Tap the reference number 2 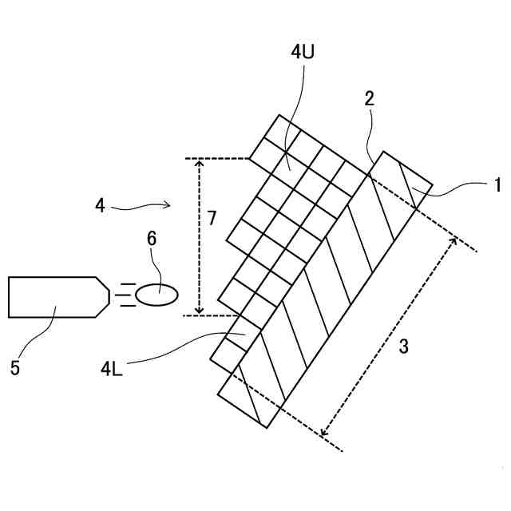point(369,98)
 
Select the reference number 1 point(497,185)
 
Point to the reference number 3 point(404,346)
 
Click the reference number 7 point(212,218)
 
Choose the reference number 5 point(15,368)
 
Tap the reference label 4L point(112,368)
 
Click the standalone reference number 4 point(100,206)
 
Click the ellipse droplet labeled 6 point(157,295)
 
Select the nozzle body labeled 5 point(52,297)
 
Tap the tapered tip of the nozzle point(103,297)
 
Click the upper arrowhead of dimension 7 point(200,163)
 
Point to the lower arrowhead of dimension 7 point(200,310)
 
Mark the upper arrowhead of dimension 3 point(454,241)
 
